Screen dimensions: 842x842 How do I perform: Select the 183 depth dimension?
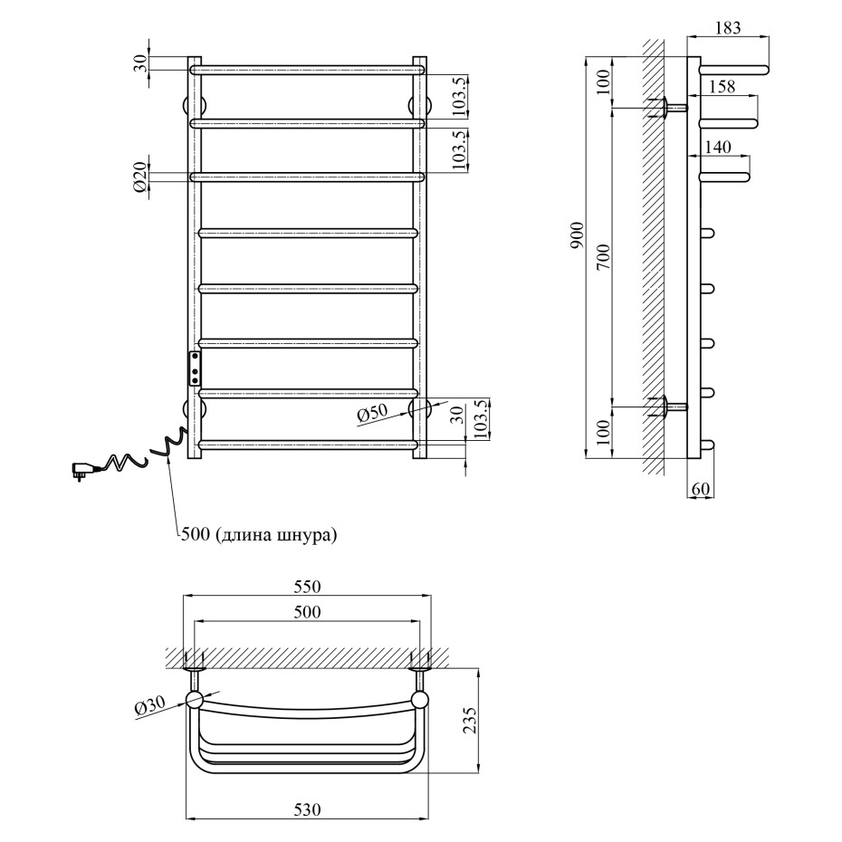[727, 27]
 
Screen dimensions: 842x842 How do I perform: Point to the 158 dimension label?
[722, 86]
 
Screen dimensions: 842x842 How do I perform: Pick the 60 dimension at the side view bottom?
[702, 490]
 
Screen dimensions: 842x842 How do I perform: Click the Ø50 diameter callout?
[372, 414]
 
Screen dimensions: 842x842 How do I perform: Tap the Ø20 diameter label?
[140, 177]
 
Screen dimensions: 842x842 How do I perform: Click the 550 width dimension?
[308, 586]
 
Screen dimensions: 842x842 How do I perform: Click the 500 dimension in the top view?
[308, 612]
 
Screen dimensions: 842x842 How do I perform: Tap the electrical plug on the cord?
[81, 470]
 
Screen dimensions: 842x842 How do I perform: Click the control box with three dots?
[195, 368]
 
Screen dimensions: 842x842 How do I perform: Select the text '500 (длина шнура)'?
[259, 535]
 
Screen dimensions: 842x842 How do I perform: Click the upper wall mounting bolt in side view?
[671, 108]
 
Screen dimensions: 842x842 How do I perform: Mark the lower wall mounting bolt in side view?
[671, 407]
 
